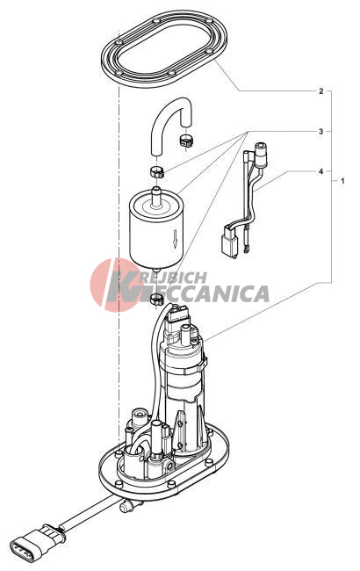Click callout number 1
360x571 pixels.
[342, 181]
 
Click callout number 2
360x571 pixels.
[320, 91]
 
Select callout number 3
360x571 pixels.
[320, 132]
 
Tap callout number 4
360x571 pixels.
[320, 171]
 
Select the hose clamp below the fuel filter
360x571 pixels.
[157, 300]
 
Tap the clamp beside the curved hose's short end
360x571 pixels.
[186, 141]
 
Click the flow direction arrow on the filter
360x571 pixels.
[175, 239]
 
